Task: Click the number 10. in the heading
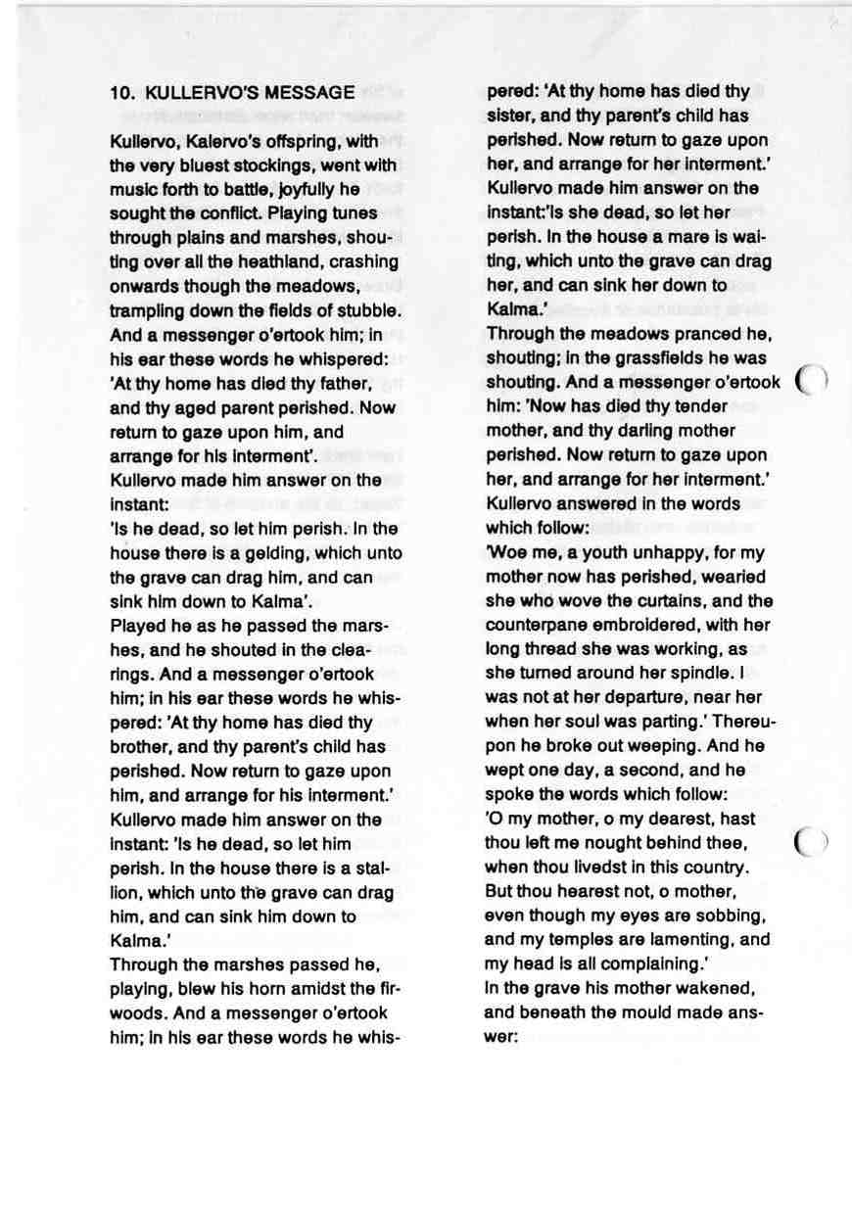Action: tap(121, 93)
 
